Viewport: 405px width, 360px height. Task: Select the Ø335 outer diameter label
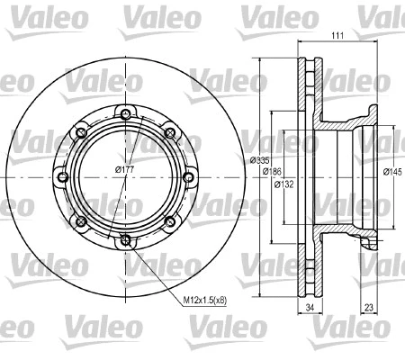(260, 159)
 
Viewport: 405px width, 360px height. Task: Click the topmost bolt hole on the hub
(124, 114)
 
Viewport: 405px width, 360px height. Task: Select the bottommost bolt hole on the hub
(124, 239)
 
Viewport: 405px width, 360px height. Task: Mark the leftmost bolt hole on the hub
(61, 177)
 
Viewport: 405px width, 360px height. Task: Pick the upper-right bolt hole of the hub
(168, 133)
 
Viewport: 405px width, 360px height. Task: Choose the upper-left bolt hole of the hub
(80, 133)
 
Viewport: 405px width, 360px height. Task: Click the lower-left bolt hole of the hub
(80, 221)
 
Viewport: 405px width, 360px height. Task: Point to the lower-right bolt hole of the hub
(168, 221)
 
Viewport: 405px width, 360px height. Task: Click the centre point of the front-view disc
(124, 177)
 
